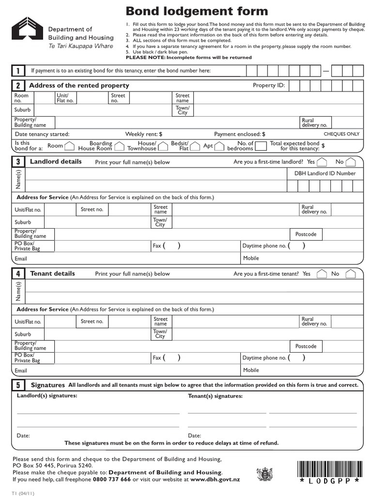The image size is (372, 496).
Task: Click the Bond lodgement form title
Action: tap(197, 11)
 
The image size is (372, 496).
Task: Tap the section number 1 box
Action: tap(18, 71)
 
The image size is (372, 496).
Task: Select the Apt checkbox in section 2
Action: tap(219, 146)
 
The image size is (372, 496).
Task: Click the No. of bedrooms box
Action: tap(261, 146)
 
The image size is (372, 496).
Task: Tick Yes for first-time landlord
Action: tap(322, 162)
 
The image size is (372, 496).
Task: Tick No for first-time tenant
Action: tap(351, 274)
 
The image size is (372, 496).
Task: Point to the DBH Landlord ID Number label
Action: tap(325, 173)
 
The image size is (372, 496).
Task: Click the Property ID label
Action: tap(269, 86)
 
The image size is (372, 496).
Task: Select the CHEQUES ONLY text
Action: tap(341, 134)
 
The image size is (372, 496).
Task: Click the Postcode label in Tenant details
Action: tap(306, 346)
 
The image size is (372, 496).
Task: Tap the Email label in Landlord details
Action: tap(21, 259)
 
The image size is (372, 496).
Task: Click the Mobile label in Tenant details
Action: tap(251, 370)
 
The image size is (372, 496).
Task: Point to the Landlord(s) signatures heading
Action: tap(47, 396)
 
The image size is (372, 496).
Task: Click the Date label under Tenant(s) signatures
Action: tap(194, 435)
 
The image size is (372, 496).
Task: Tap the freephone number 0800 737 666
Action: tap(112, 480)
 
